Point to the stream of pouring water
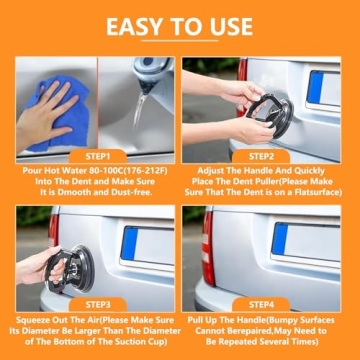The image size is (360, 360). (x=140, y=110)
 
